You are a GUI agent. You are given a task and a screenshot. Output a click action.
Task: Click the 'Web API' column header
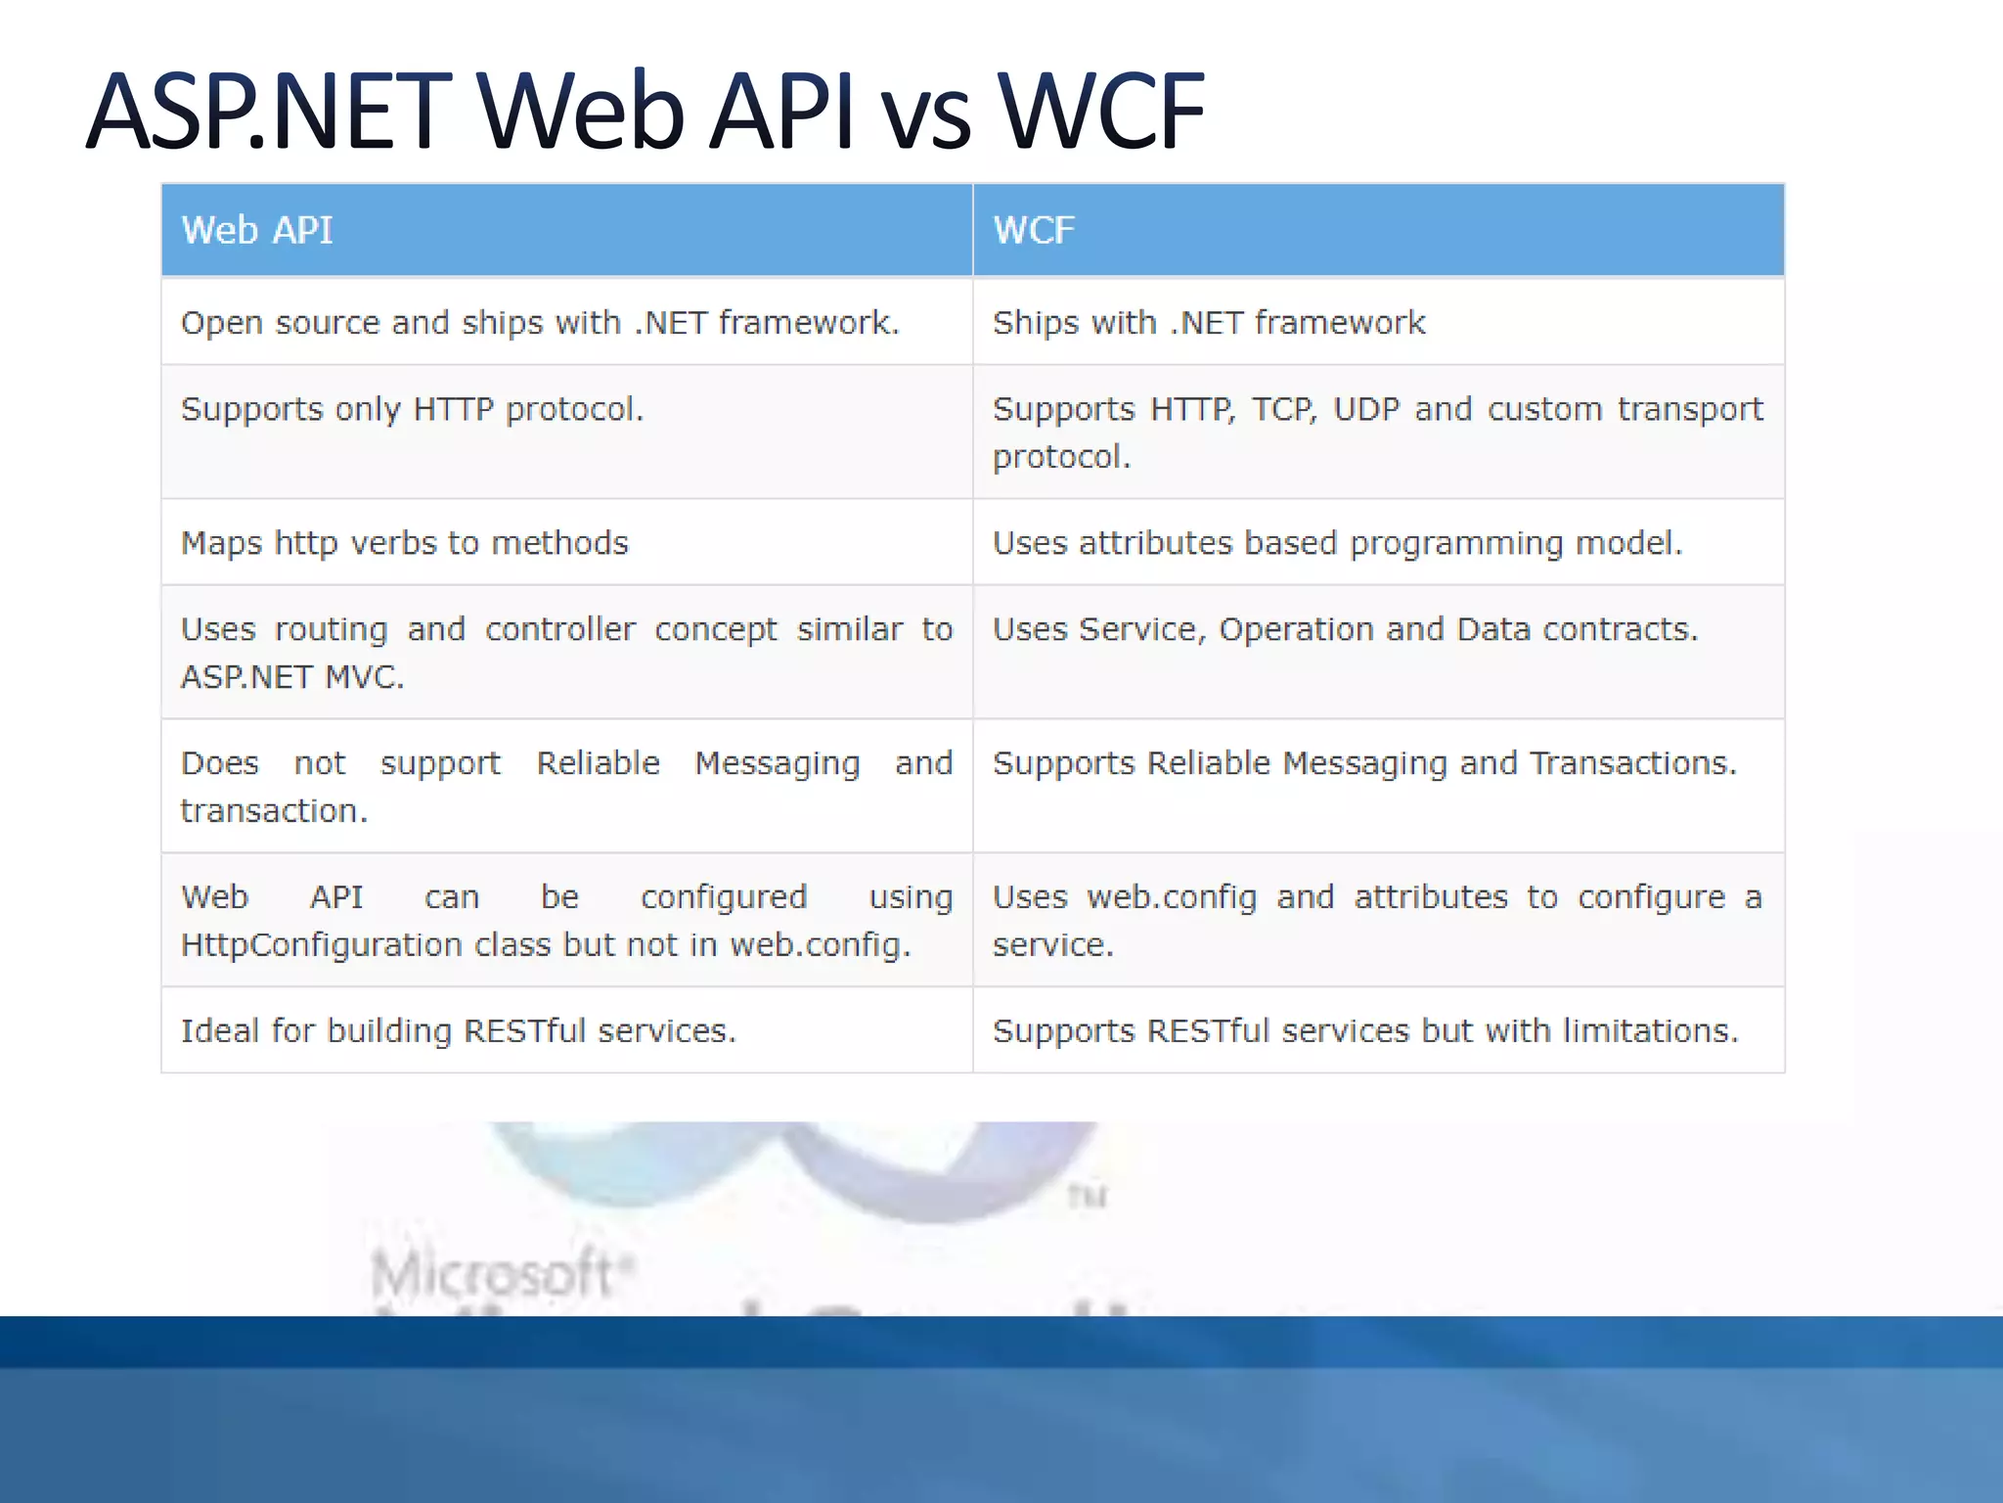point(257,231)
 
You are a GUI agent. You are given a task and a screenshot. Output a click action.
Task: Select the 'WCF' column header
point(1034,231)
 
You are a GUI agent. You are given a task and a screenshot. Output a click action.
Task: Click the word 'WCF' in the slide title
point(1102,112)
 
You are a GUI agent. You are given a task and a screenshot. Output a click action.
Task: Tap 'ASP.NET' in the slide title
point(269,112)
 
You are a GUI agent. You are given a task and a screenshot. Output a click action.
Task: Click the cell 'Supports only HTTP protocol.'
point(412,409)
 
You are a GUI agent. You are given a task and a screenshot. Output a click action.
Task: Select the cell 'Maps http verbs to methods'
point(404,543)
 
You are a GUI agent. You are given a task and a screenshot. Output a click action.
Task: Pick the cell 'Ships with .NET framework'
point(1209,323)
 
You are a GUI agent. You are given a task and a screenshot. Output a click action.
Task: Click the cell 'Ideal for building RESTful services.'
point(458,1031)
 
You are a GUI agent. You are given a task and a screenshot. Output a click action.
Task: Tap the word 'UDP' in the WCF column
point(1366,409)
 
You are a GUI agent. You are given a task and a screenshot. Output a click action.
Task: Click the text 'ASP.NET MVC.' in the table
point(291,677)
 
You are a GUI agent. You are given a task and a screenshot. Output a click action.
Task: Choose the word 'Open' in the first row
point(221,324)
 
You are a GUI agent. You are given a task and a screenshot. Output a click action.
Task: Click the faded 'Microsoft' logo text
point(492,1273)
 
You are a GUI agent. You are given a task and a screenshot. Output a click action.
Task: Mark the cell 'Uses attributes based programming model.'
point(1337,543)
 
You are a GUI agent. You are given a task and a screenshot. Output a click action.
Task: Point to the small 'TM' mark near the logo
point(1087,1196)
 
